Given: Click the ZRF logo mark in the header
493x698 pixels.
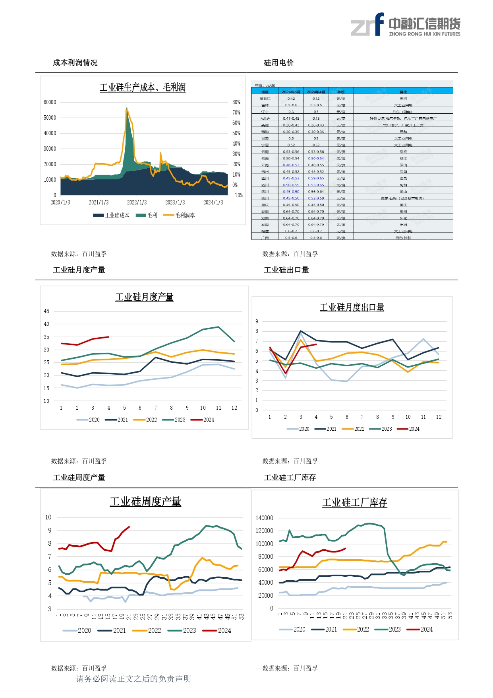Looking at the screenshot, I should coord(367,25).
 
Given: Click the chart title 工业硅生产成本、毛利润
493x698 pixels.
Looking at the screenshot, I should coord(143,87).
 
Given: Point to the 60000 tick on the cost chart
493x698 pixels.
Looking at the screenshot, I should coord(50,102).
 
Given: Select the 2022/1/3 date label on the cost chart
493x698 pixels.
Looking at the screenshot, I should coord(137,202).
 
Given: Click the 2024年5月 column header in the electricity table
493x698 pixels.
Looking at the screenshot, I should coord(291,92).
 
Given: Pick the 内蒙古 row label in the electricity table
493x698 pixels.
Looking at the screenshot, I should coord(265,119).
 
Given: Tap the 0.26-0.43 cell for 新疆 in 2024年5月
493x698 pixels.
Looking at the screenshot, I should coord(291,125).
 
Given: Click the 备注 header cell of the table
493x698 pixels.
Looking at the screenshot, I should coord(403,92).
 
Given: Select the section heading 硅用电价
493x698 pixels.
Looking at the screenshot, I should coord(279,63).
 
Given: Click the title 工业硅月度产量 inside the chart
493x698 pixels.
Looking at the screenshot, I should coord(144,297).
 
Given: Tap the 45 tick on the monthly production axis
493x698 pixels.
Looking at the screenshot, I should coord(46,311).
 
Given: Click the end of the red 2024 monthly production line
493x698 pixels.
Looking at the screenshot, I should coord(108,337).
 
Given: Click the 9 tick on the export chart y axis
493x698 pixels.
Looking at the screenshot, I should coord(257,321).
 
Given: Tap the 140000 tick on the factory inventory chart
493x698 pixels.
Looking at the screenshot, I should coord(264,518).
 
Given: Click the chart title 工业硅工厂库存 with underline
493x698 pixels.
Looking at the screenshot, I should coord(354,503).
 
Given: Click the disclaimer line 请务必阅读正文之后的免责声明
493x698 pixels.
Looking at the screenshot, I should coord(133,679).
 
